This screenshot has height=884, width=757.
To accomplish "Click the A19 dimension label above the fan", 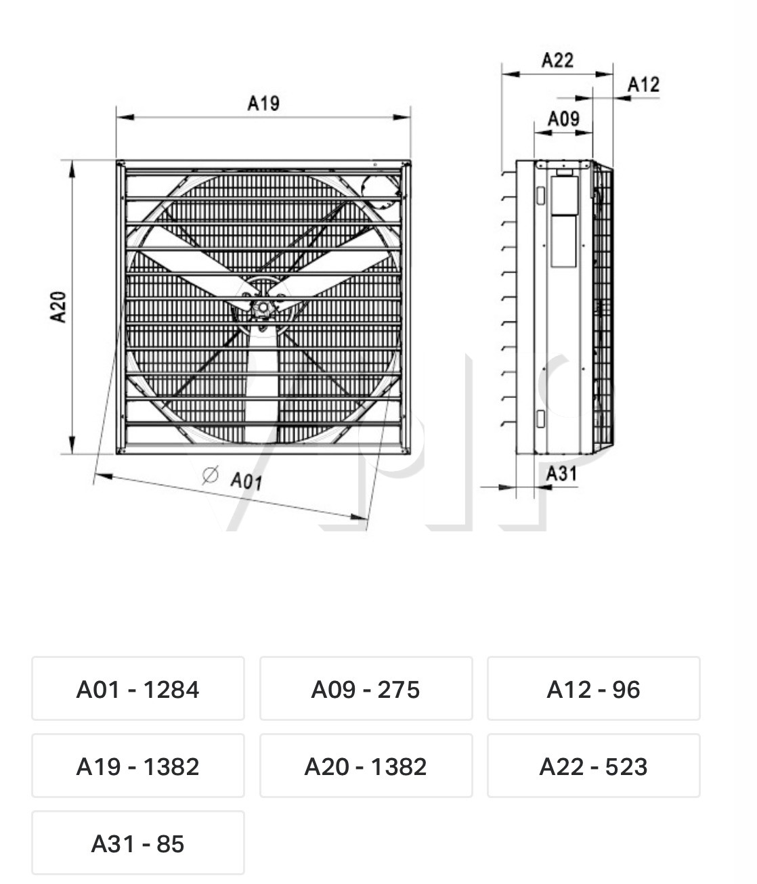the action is pos(263,103).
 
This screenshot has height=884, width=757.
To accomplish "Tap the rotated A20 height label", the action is pos(58,307).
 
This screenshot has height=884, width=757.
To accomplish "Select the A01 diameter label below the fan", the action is pos(246,481).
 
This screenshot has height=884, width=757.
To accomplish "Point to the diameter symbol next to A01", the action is pos(210,474).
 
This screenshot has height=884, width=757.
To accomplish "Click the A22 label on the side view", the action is pos(557,60).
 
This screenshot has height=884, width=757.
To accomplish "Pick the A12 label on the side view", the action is pos(644,85).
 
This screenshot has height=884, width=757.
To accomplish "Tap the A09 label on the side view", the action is pos(564,118).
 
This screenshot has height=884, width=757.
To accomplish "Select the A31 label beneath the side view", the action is pos(562,473).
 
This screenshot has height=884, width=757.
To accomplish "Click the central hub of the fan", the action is pos(262,307).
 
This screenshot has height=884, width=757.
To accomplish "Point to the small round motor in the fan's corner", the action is pos(381,192).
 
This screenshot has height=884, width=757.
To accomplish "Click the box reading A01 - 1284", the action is pos(138,689).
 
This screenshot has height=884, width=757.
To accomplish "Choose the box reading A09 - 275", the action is pos(366,689).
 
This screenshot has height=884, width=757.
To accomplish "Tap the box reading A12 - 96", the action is pos(594,689).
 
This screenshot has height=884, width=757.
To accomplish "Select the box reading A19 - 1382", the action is pos(138,766).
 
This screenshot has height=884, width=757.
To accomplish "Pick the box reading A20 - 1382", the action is pos(366,766).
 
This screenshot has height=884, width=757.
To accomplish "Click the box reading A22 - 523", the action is pos(594,766).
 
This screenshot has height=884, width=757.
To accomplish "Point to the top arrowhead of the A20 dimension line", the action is pos(72,169).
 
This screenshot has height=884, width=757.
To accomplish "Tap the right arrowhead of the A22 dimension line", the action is pos(604,74).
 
